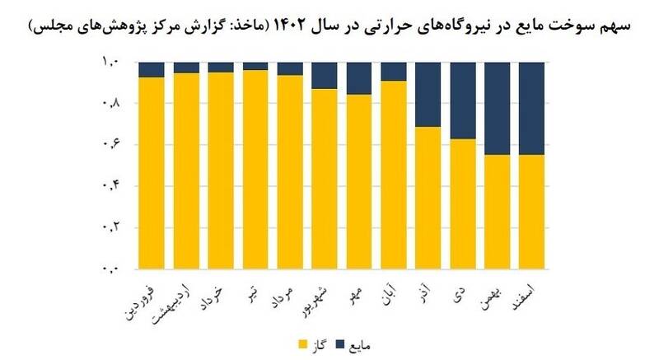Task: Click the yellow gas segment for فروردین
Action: (152, 173)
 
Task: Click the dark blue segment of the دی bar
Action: (464, 100)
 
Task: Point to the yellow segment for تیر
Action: (256, 170)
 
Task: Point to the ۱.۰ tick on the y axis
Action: (110, 62)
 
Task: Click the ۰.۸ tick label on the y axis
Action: (110, 103)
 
